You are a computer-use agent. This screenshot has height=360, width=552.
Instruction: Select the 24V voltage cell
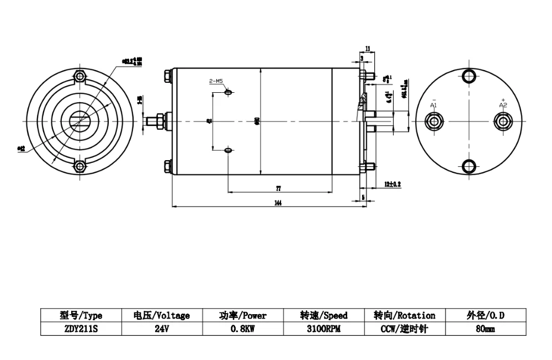(x=162, y=329)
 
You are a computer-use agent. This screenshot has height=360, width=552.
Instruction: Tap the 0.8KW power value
(x=243, y=329)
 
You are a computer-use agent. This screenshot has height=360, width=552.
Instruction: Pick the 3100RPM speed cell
(x=323, y=329)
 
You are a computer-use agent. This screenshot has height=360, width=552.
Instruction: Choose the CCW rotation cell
(x=405, y=329)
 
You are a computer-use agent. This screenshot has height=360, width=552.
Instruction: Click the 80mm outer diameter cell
(x=485, y=329)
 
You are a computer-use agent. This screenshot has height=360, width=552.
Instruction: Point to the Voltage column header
(x=162, y=315)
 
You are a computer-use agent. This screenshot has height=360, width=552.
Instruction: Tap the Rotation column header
(x=405, y=315)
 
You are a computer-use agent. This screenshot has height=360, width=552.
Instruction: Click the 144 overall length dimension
(x=278, y=203)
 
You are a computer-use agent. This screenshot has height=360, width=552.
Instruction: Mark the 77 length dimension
(x=279, y=188)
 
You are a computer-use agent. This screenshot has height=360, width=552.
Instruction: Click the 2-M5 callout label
(x=215, y=82)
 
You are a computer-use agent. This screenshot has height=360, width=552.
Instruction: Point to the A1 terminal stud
(x=434, y=121)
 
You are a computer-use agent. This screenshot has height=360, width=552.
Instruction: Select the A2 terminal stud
(x=503, y=121)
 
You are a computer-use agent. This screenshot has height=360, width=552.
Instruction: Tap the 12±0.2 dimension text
(x=392, y=183)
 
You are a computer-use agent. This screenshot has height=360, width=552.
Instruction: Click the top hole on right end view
(x=469, y=76)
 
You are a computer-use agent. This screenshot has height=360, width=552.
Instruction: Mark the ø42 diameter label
(x=22, y=148)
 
